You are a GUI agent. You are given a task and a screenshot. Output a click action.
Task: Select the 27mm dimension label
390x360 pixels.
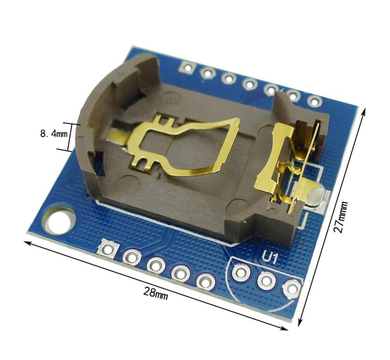pos(341,217)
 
